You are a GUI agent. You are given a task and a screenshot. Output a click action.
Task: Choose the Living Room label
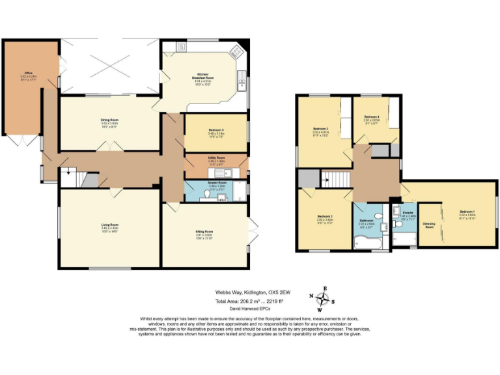tap(109, 226)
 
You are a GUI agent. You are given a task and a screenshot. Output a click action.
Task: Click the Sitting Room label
tap(204, 232)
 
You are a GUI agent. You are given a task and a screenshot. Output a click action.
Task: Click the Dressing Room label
tap(428, 225)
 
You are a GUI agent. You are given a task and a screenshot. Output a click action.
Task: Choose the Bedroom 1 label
tap(467, 212)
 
